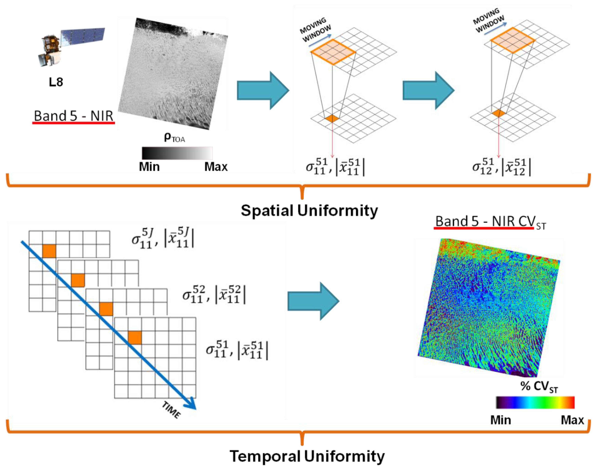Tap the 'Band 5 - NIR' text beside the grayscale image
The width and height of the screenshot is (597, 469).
(x=73, y=116)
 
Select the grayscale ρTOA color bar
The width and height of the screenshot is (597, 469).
(x=177, y=153)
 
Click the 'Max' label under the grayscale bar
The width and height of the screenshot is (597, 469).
(x=216, y=167)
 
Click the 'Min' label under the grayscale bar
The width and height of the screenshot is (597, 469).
(x=149, y=167)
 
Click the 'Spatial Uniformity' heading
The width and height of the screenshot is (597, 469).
(x=309, y=211)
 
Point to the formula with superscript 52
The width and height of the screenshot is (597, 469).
(x=214, y=294)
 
